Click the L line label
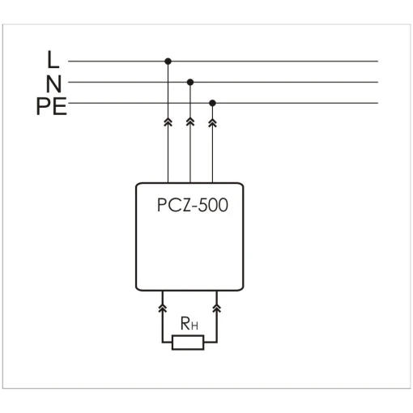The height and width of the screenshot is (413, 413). coord(53,59)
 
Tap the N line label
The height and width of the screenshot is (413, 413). coord(53,83)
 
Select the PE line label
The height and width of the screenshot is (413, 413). coord(52,107)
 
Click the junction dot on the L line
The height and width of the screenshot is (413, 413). coord(168,62)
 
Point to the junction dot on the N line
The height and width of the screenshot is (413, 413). coord(190,82)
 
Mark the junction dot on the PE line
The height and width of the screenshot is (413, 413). coord(212,103)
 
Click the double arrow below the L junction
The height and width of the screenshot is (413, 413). coord(168,122)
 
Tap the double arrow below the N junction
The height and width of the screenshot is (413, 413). coord(190,122)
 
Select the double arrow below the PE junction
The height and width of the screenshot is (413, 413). coord(212,122)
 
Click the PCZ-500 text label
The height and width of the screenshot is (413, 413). coord(193,205)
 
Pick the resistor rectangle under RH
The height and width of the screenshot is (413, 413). coord(188,343)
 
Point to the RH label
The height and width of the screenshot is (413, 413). coord(189,323)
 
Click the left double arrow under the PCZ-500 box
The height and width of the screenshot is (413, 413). coord(162,308)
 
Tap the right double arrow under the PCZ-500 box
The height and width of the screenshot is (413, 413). coord(217,308)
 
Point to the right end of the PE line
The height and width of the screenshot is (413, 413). coord(377,103)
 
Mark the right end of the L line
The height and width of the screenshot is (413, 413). coord(377,62)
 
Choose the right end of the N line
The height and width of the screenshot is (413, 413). coord(377,82)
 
